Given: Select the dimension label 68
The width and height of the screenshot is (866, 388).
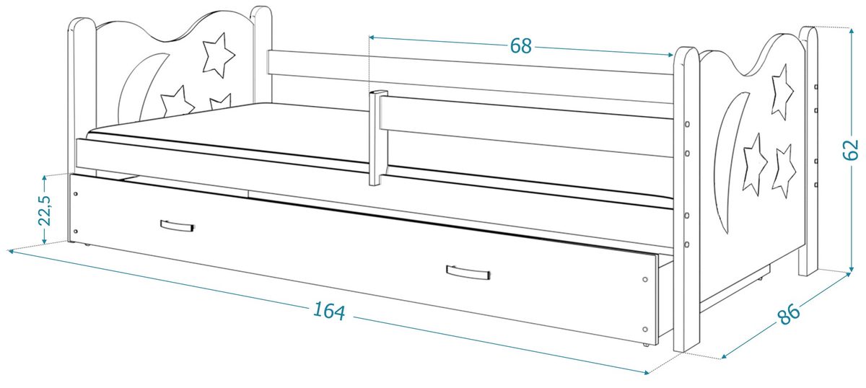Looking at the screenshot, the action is pos(521,46).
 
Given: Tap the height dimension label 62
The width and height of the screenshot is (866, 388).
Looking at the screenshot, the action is pos(850,150).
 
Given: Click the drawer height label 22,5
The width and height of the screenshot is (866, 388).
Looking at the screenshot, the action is pos(45,211).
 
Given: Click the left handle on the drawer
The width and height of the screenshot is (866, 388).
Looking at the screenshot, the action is pos(177,226).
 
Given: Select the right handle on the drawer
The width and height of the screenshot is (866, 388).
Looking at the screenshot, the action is pos(468,272).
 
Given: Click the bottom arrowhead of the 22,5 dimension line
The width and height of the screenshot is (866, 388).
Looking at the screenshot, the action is pos(45,241).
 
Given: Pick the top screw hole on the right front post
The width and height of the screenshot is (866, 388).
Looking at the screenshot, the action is pos(687,125).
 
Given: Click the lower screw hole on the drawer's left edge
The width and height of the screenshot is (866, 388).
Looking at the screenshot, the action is pos(75,232).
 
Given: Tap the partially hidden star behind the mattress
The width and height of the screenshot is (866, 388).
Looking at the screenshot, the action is pos(220,101).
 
